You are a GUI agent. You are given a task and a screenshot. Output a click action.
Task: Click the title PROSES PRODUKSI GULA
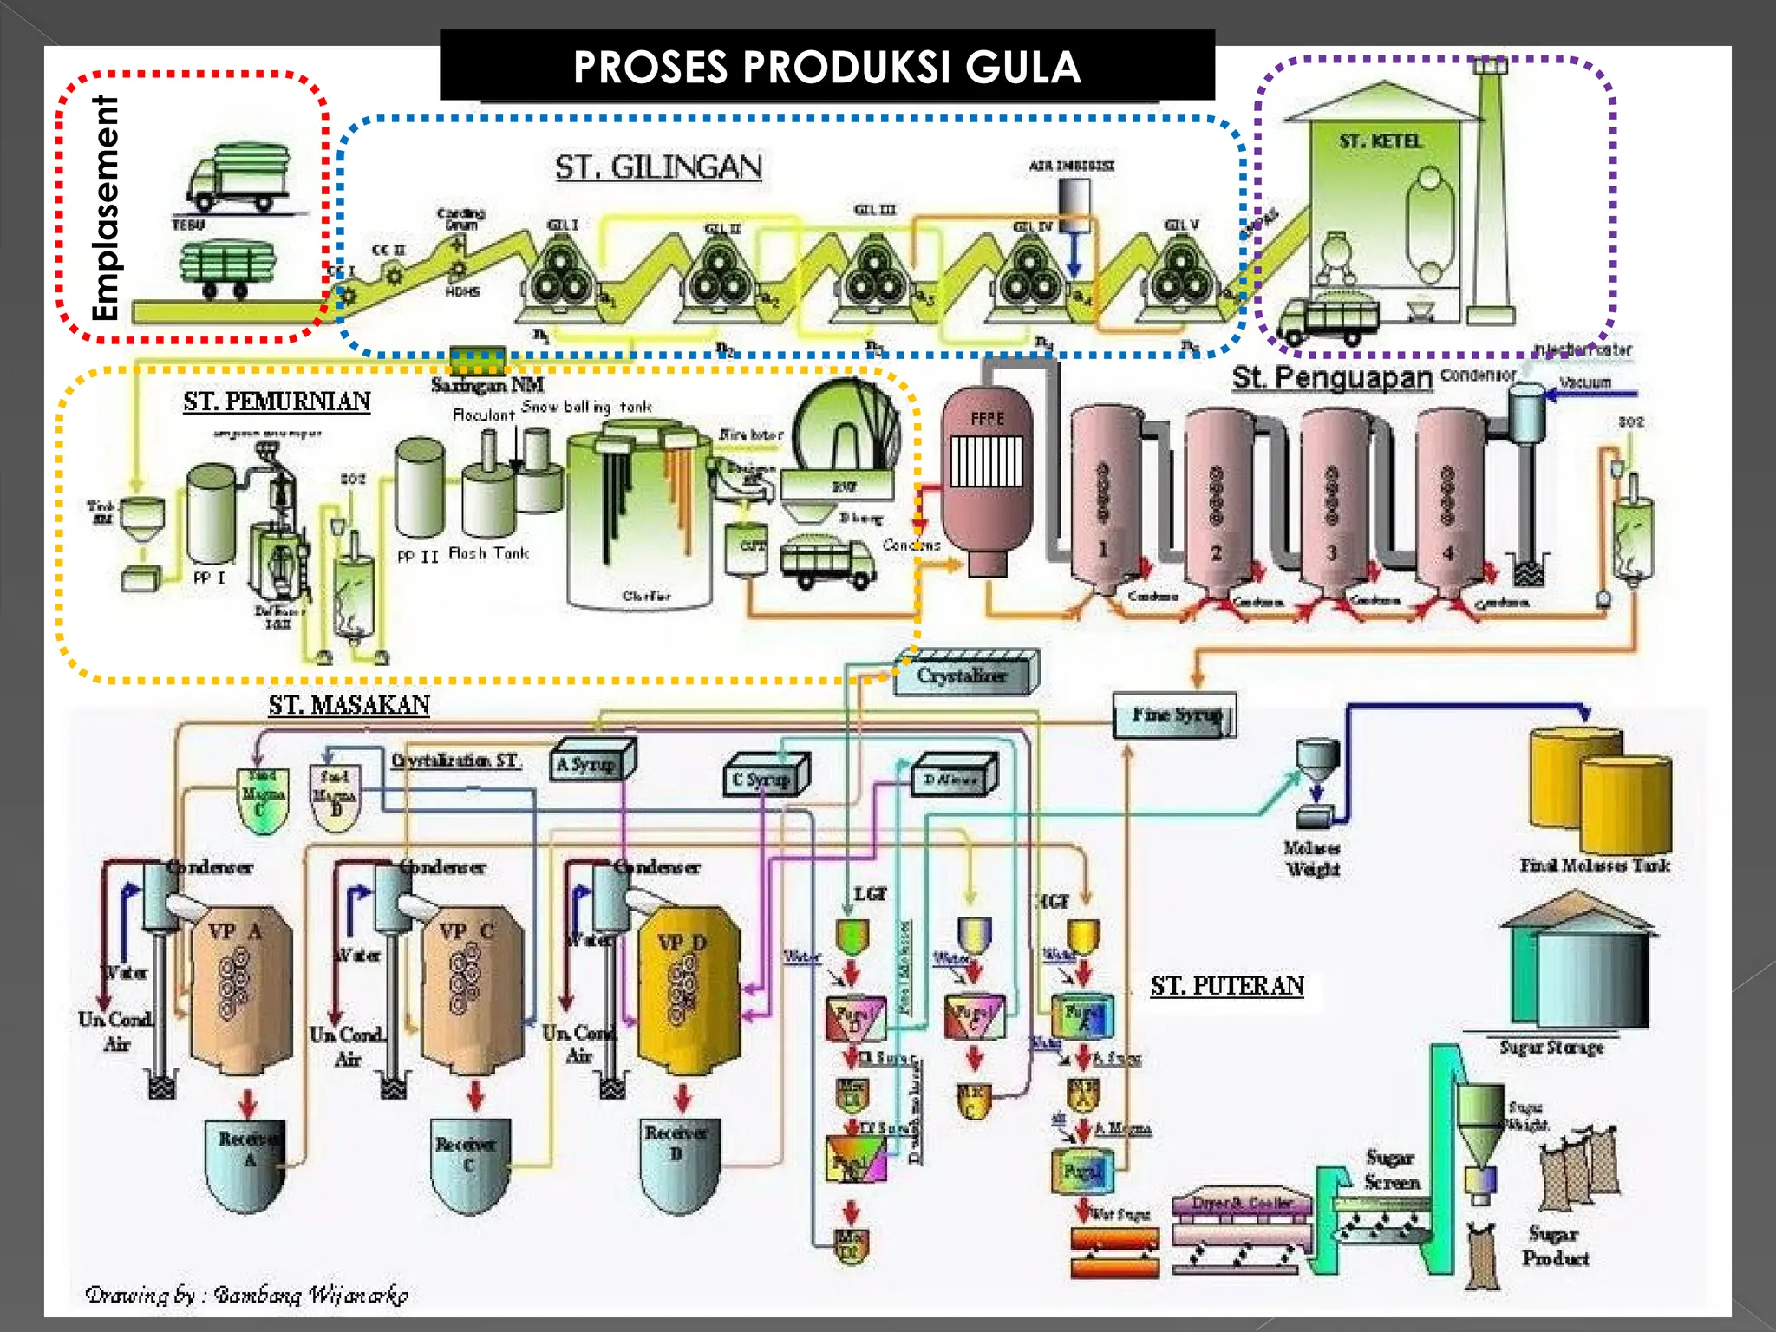(x=826, y=67)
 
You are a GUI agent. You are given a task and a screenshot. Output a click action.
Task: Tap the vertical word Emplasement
(x=106, y=208)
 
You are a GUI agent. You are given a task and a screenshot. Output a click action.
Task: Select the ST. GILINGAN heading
(x=658, y=166)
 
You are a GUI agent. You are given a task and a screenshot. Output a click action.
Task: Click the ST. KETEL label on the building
(x=1380, y=141)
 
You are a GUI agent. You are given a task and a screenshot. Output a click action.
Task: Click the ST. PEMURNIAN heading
(x=277, y=402)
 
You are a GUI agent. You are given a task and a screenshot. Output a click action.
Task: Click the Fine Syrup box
(x=1175, y=715)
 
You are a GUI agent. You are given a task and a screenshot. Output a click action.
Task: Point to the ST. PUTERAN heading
(x=1227, y=986)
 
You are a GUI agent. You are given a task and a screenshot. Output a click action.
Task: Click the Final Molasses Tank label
(x=1594, y=865)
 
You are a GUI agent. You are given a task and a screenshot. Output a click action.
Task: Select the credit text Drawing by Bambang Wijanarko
(x=247, y=1295)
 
